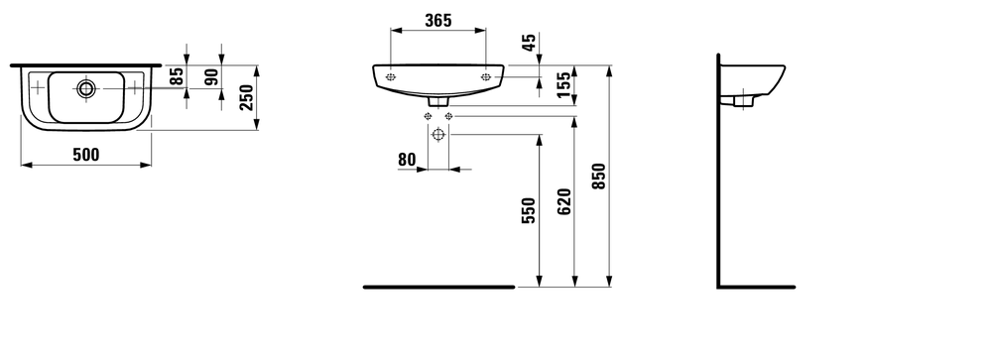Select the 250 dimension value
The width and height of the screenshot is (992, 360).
tap(247, 97)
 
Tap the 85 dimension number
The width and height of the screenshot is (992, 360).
tap(178, 76)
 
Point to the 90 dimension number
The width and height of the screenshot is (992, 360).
tap(210, 76)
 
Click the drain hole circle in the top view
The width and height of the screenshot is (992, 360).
tap(86, 89)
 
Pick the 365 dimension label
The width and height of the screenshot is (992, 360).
tap(437, 19)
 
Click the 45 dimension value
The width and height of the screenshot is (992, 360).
tap(528, 43)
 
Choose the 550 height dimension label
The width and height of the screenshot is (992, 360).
tap(528, 211)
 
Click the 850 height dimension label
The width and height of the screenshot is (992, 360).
tap(598, 177)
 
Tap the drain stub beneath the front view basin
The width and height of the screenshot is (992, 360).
tap(438, 100)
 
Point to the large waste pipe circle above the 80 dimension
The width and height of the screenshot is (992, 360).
tap(437, 137)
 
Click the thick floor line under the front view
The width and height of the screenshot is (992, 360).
tap(438, 287)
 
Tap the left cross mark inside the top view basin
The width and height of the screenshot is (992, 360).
tap(38, 89)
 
